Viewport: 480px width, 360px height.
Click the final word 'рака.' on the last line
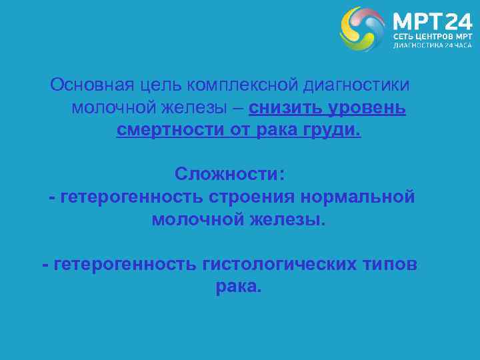(x=239, y=287)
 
